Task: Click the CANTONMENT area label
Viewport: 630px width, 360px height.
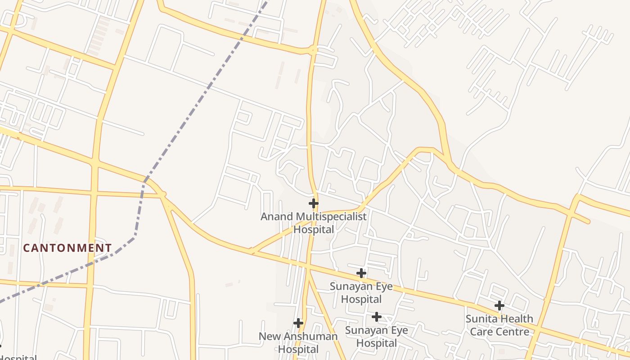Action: [x=67, y=248]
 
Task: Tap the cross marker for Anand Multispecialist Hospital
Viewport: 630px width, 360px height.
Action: [x=314, y=203]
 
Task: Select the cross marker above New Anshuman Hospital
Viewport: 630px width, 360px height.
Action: [x=298, y=323]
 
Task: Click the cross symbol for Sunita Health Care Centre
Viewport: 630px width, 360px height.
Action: [x=499, y=306]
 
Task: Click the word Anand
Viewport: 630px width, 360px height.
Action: [x=277, y=217]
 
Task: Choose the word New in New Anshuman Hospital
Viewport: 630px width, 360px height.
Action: [x=269, y=337]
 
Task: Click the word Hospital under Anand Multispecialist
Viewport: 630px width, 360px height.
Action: [x=314, y=229]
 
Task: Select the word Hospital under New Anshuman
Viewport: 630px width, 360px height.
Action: [x=298, y=349]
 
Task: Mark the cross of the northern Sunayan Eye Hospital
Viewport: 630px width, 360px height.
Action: [x=361, y=273]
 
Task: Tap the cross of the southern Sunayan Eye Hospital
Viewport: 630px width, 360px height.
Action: [x=376, y=317]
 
